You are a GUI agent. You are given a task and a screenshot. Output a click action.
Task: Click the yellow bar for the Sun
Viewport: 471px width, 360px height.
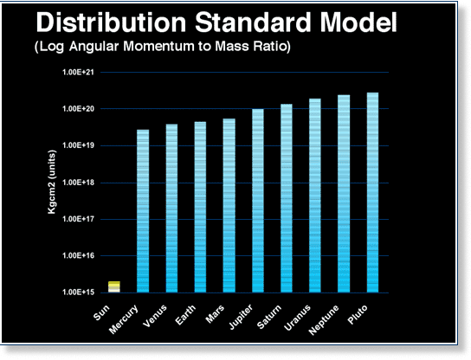tap(114, 286)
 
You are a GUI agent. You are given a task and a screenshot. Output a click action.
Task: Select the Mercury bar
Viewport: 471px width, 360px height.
tap(143, 211)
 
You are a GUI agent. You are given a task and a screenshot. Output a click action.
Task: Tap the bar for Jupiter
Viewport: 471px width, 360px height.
tap(258, 201)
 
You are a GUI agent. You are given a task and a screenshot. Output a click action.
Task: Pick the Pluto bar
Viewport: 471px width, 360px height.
tap(372, 192)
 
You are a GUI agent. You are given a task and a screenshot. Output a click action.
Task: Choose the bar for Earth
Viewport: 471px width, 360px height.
tap(200, 207)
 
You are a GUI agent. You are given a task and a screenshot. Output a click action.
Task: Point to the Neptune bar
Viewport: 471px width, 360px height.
tap(344, 194)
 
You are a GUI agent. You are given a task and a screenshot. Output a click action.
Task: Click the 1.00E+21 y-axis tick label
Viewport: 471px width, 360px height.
tap(78, 72)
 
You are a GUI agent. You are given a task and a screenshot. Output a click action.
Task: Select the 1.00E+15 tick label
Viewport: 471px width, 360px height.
tap(78, 292)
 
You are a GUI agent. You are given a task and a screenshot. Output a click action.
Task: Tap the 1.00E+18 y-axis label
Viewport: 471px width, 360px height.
tap(78, 183)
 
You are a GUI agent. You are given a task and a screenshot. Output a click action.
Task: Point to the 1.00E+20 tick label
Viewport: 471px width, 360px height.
tap(78, 109)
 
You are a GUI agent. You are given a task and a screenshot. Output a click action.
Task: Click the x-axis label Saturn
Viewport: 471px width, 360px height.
tap(269, 317)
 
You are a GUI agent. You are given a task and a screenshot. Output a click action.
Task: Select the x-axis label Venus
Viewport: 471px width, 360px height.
tap(155, 316)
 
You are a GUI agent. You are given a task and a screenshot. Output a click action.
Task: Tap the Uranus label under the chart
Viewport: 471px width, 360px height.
tap(297, 318)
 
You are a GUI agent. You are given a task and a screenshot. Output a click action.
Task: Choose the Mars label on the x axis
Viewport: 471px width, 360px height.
tap(215, 314)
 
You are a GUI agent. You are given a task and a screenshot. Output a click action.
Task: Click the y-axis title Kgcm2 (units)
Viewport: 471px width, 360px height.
tap(52, 182)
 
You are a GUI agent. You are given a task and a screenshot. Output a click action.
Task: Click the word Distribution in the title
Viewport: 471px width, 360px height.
tap(111, 22)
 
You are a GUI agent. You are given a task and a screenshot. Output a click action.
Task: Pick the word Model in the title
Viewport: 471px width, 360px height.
tap(358, 22)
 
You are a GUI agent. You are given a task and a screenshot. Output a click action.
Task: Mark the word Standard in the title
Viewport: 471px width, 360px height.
tap(253, 22)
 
